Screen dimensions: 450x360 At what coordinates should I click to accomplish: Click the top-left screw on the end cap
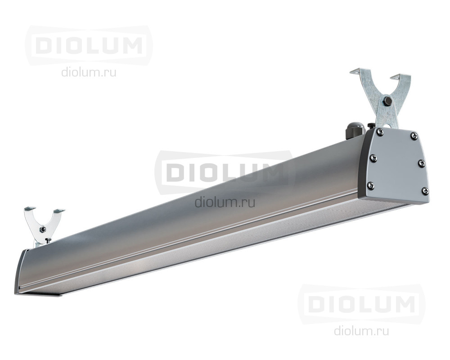point(381,132)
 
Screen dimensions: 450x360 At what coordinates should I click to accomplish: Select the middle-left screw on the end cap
point(374,157)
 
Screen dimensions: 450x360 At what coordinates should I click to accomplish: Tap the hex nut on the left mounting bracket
point(43,229)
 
